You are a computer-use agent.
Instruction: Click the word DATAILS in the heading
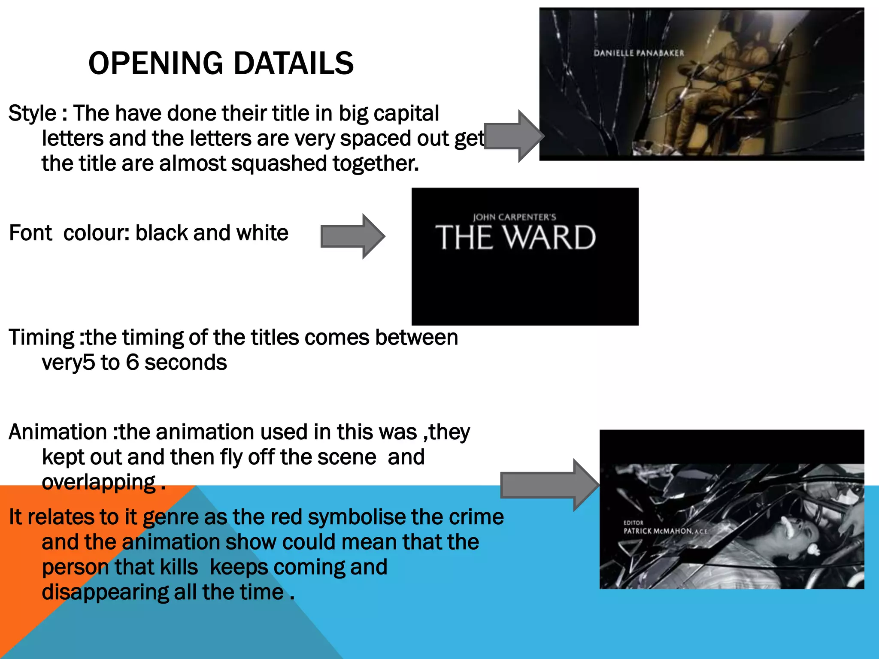pyautogui.click(x=294, y=63)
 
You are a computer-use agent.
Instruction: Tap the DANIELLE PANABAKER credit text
pyautogui.click(x=639, y=53)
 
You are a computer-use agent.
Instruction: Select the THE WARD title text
pyautogui.click(x=515, y=238)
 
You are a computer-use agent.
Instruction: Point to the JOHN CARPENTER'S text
pyautogui.click(x=514, y=217)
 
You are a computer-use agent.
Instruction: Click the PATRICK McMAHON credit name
pyautogui.click(x=658, y=531)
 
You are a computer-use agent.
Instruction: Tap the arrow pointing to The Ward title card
pyautogui.click(x=352, y=236)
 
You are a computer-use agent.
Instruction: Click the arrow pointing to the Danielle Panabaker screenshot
pyautogui.click(x=514, y=136)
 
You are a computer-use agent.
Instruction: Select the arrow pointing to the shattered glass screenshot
pyautogui.click(x=550, y=485)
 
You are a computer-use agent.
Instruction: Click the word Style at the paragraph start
pyautogui.click(x=32, y=114)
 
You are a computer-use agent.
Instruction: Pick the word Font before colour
pyautogui.click(x=30, y=233)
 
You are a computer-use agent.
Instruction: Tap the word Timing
pyautogui.click(x=42, y=338)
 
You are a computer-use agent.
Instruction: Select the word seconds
pyautogui.click(x=185, y=363)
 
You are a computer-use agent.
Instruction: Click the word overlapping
pyautogui.click(x=99, y=482)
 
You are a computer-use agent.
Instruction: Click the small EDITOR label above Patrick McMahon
pyautogui.click(x=633, y=523)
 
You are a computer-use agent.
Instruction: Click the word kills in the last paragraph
pyautogui.click(x=179, y=567)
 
